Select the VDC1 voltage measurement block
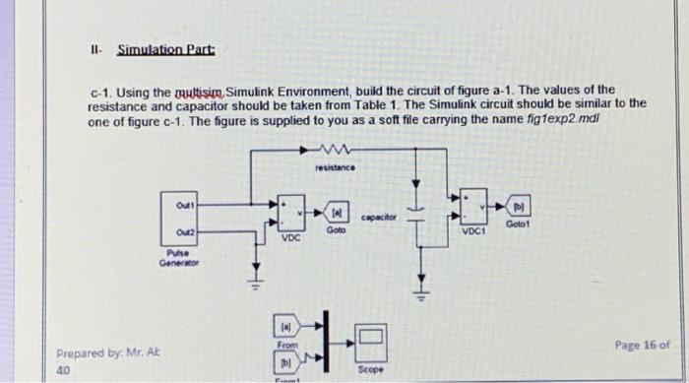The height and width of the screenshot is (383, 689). [474, 207]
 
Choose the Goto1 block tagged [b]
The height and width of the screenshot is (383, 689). [519, 209]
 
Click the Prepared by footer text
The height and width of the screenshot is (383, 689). [101, 352]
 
